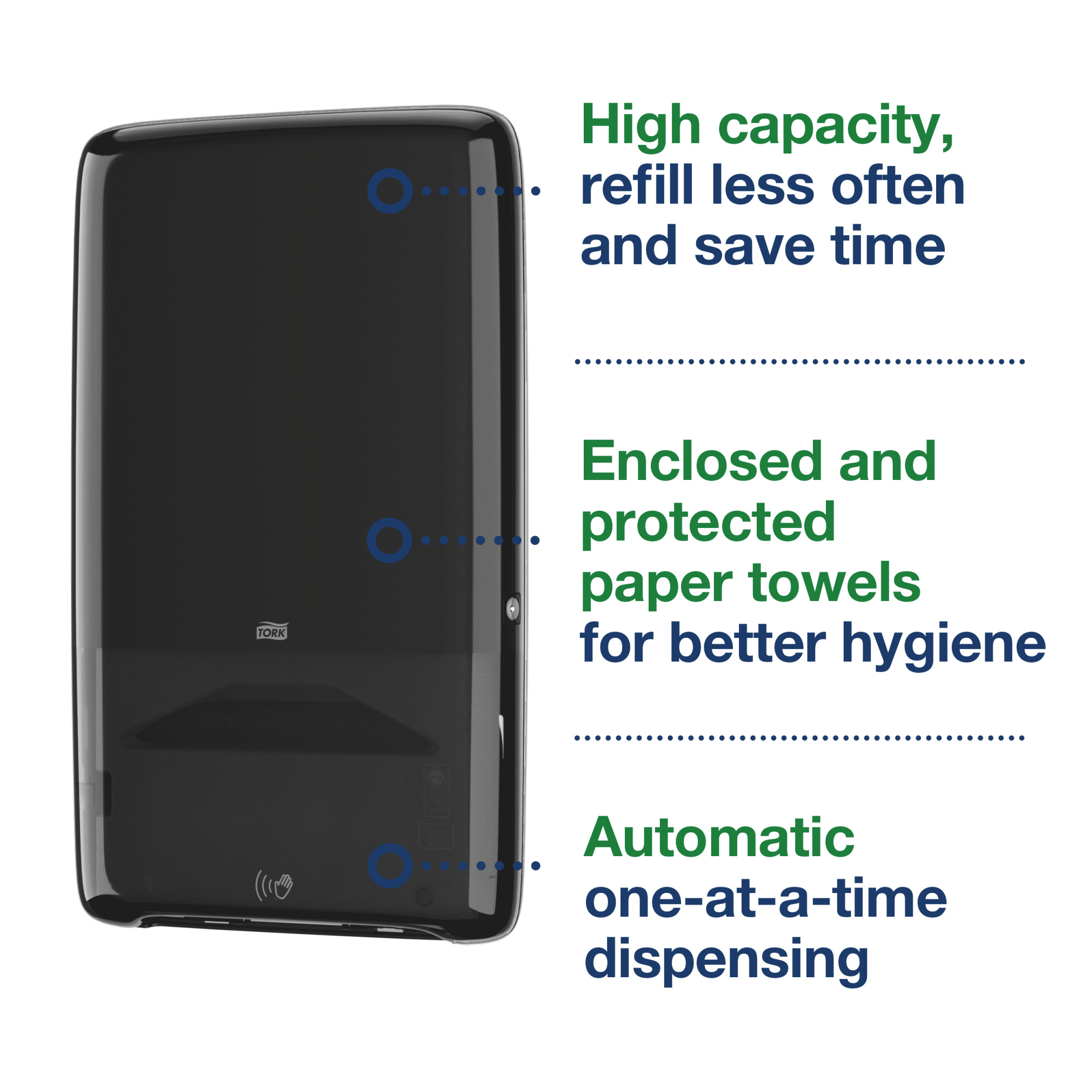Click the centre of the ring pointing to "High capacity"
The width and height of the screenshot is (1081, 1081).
pyautogui.click(x=390, y=191)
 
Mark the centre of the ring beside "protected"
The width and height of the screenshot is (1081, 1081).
pyautogui.click(x=389, y=540)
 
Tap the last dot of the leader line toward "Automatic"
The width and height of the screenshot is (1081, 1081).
pyautogui.click(x=536, y=865)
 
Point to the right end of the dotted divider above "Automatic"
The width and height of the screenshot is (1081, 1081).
pyautogui.click(x=1022, y=738)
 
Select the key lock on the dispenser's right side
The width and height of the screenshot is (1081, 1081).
pyautogui.click(x=512, y=607)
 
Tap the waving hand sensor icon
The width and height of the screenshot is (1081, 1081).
pyautogui.click(x=274, y=885)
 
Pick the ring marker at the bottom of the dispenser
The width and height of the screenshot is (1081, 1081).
pyautogui.click(x=391, y=865)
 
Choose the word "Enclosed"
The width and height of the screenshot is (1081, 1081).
pyautogui.click(x=702, y=462)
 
